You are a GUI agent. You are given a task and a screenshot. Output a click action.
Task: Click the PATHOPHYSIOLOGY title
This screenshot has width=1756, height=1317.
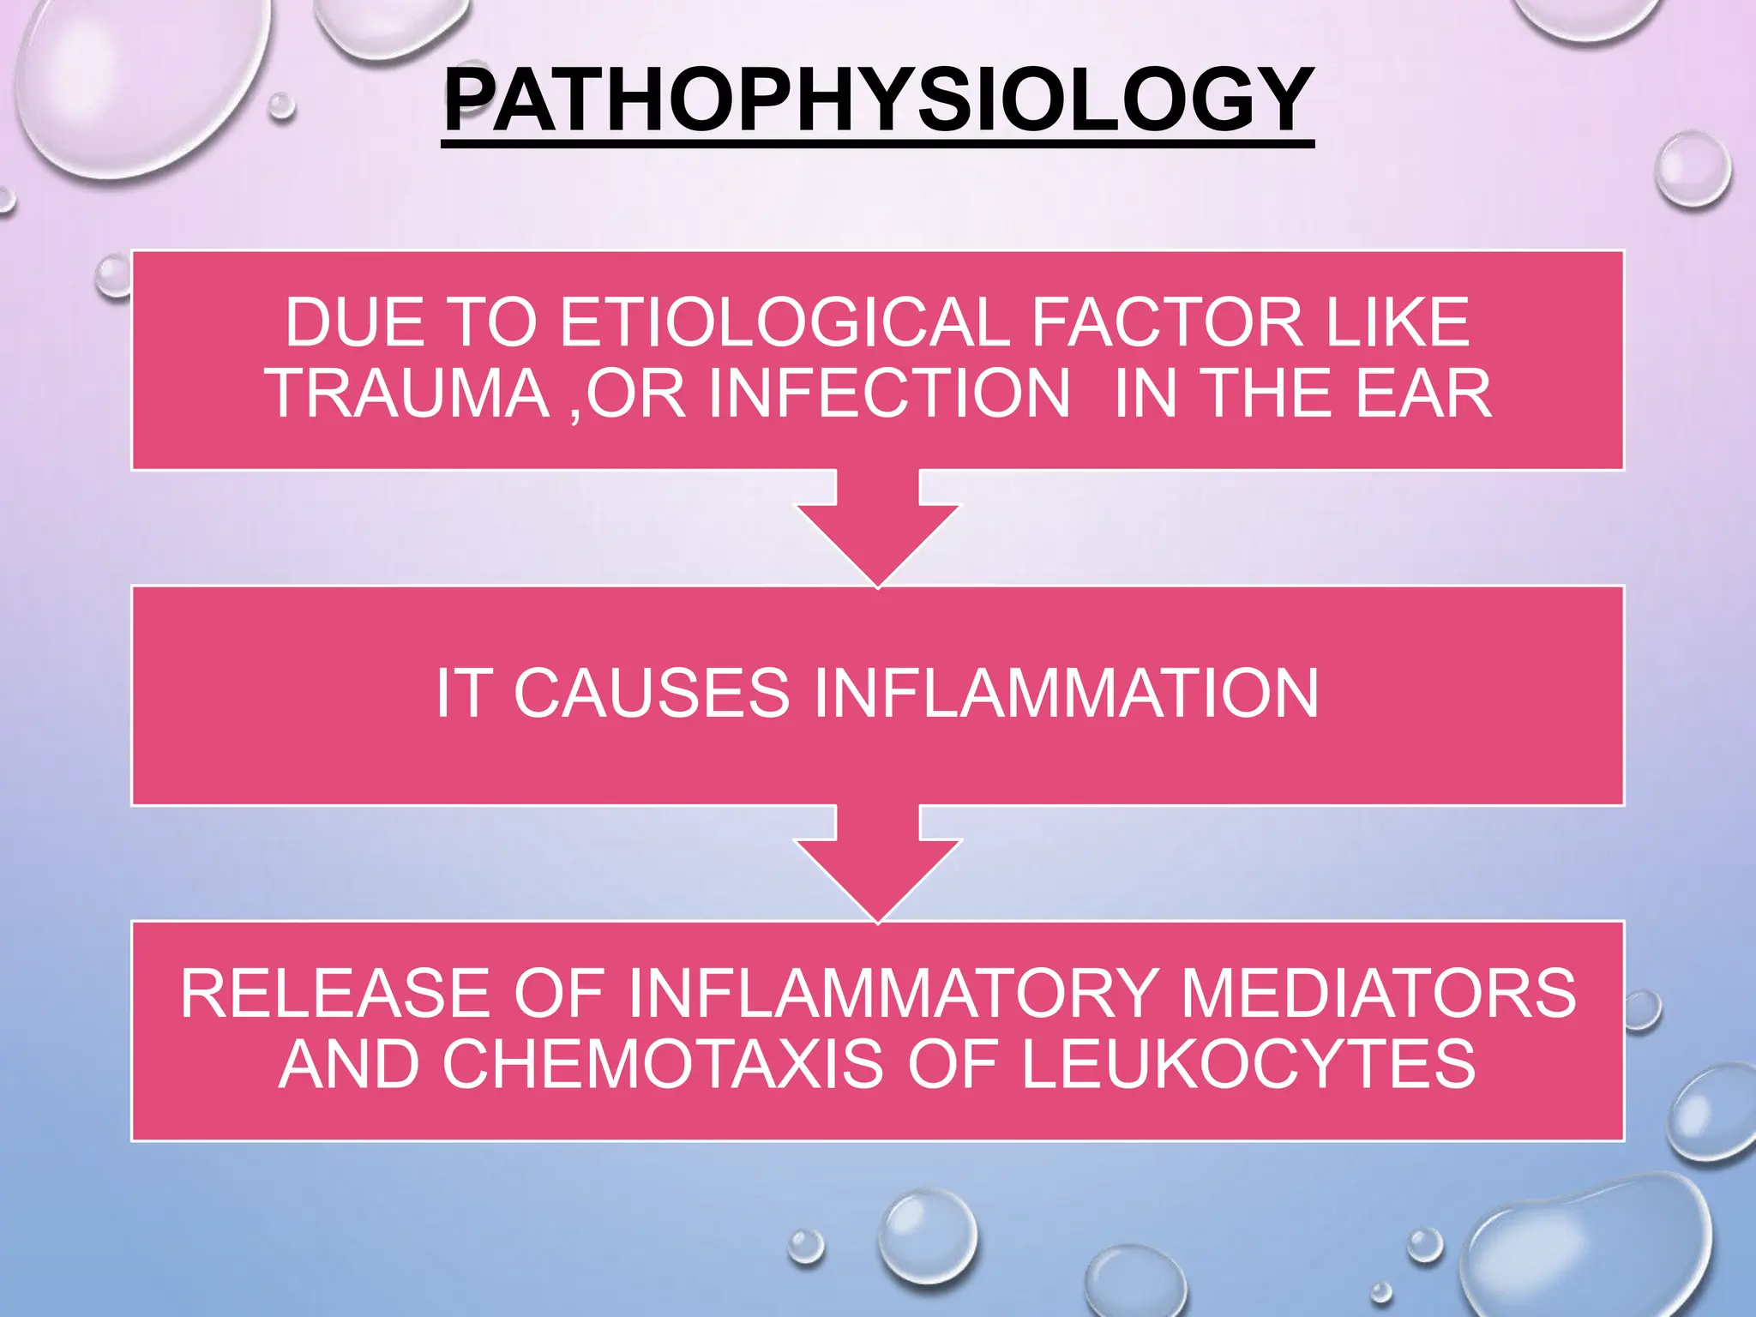click(877, 101)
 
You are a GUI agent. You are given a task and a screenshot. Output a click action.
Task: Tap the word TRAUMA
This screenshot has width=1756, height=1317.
click(408, 394)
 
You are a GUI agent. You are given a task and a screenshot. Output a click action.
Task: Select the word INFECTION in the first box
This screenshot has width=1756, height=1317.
click(889, 394)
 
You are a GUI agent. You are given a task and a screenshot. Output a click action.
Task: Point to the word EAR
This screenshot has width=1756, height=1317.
click(1422, 394)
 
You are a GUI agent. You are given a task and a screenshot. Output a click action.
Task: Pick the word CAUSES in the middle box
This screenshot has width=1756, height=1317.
click(651, 693)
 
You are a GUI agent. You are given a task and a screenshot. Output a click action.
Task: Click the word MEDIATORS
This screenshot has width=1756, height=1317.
click(1378, 994)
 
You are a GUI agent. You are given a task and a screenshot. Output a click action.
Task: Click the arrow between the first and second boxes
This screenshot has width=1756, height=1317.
click(878, 532)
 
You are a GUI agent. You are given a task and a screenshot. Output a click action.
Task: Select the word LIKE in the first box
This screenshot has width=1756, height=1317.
click(1398, 323)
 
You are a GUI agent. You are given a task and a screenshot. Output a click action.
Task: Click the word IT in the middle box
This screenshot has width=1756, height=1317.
click(464, 693)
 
